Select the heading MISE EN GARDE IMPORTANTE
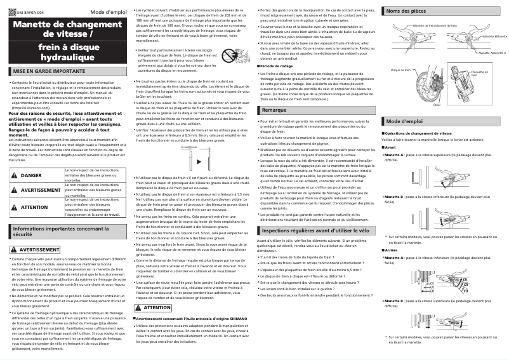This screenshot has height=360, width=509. [44, 72]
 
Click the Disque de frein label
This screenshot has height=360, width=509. [400, 70]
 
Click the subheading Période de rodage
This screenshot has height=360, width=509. [280, 66]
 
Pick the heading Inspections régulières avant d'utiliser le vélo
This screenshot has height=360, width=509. [315, 213]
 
